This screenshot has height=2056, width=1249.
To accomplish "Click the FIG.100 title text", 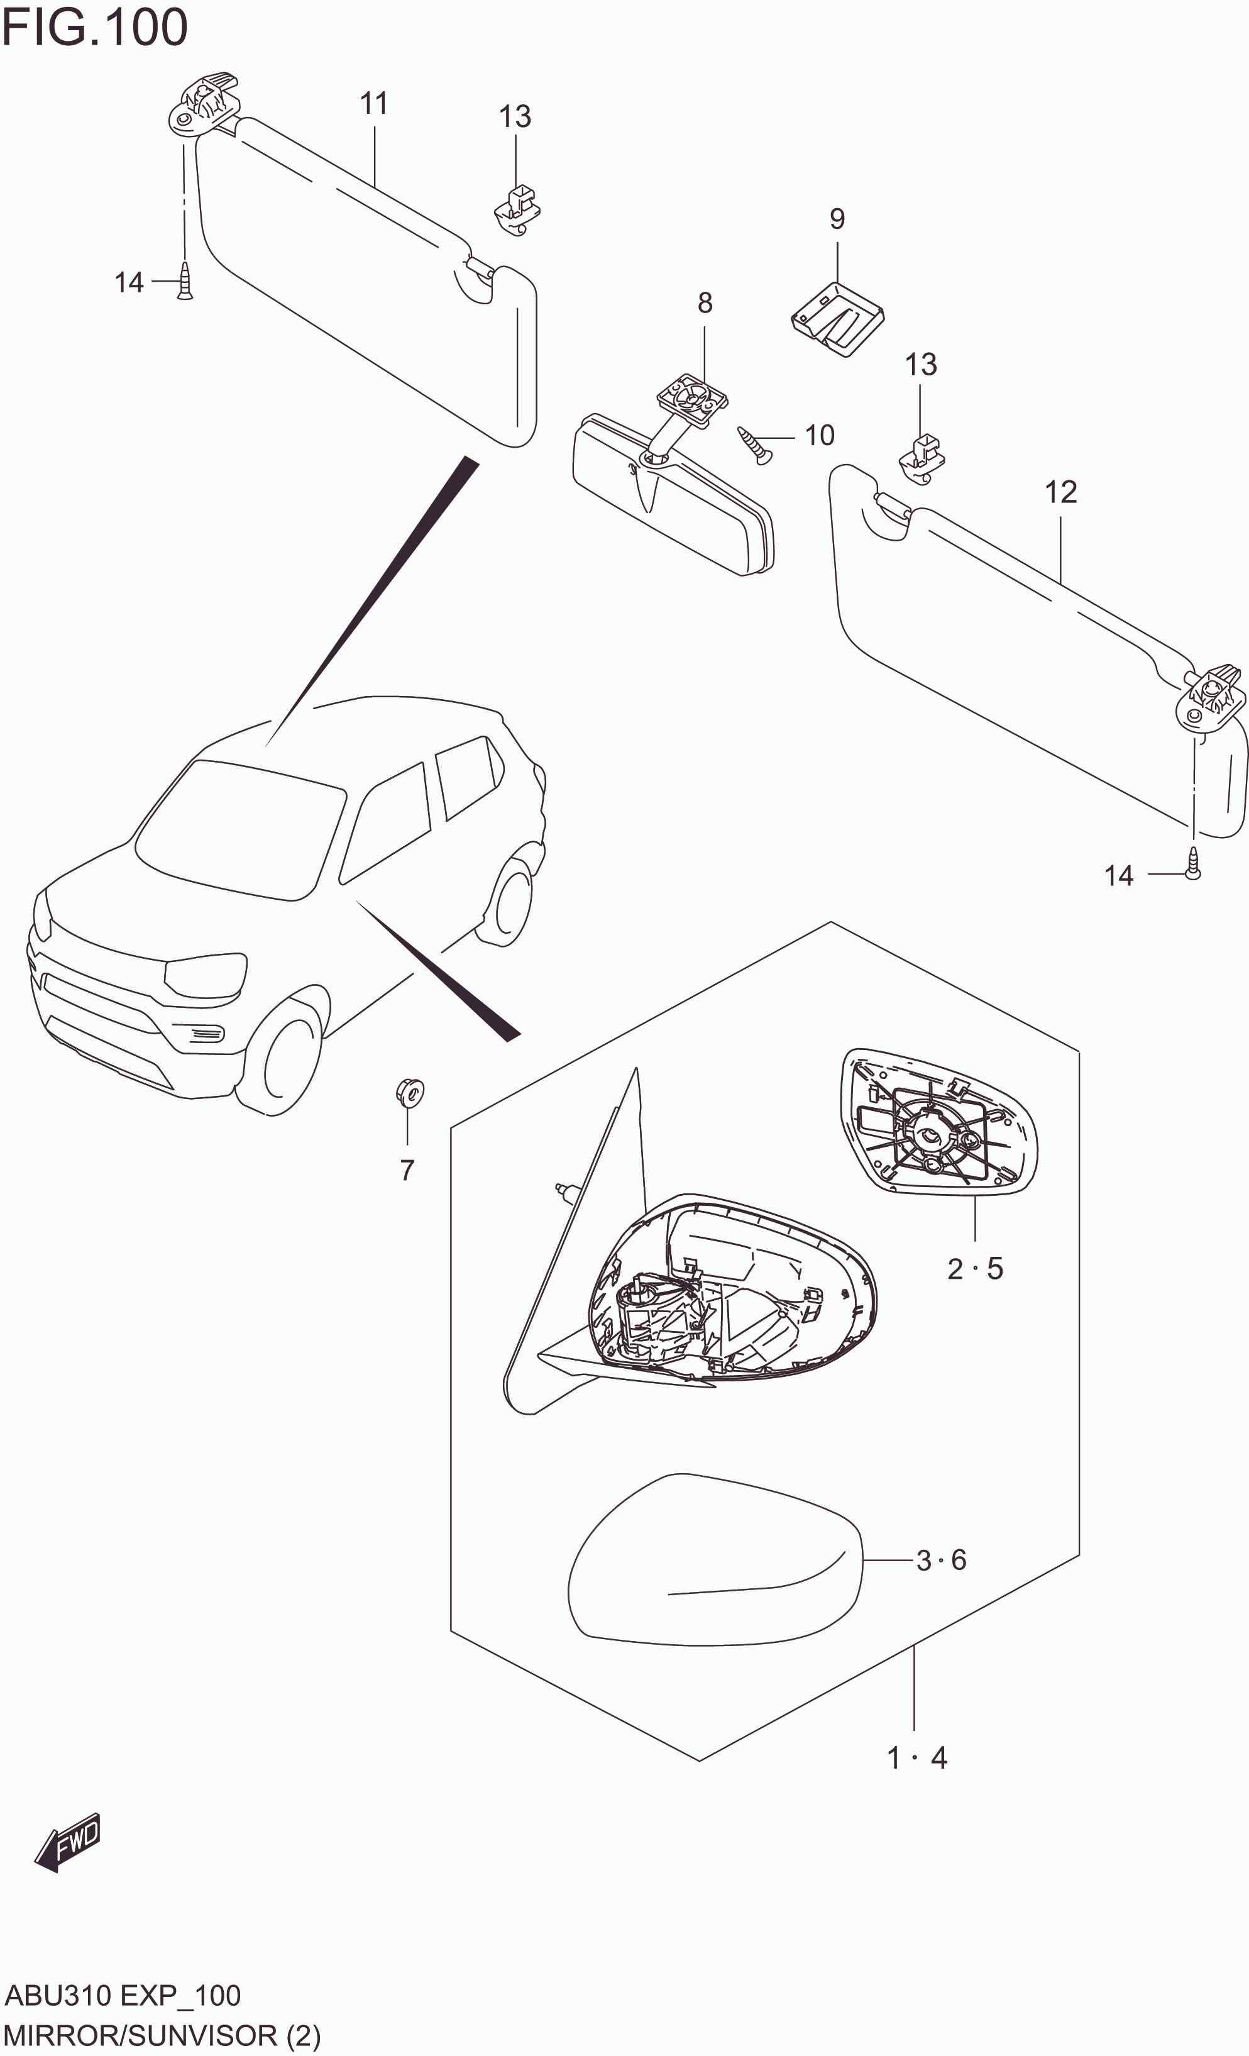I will [x=94, y=28].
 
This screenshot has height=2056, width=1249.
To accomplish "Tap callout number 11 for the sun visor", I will [x=374, y=104].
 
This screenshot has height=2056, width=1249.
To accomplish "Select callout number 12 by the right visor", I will [x=1060, y=492].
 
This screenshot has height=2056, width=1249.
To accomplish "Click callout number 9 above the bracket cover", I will [x=837, y=219].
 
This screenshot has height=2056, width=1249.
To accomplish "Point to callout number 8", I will [x=705, y=303].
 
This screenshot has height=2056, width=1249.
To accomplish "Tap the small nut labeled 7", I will [x=409, y=1092].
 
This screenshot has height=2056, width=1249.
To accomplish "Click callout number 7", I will [x=407, y=1171].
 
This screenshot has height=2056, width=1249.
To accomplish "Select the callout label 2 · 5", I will [x=974, y=1269].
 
